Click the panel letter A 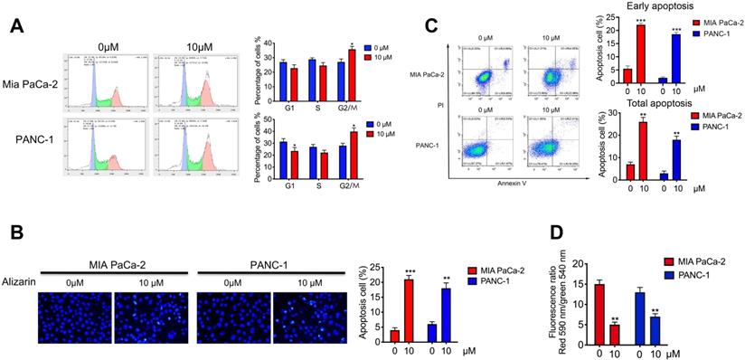coord(17,26)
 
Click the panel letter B coord(15,233)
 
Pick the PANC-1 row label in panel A coord(36,140)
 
